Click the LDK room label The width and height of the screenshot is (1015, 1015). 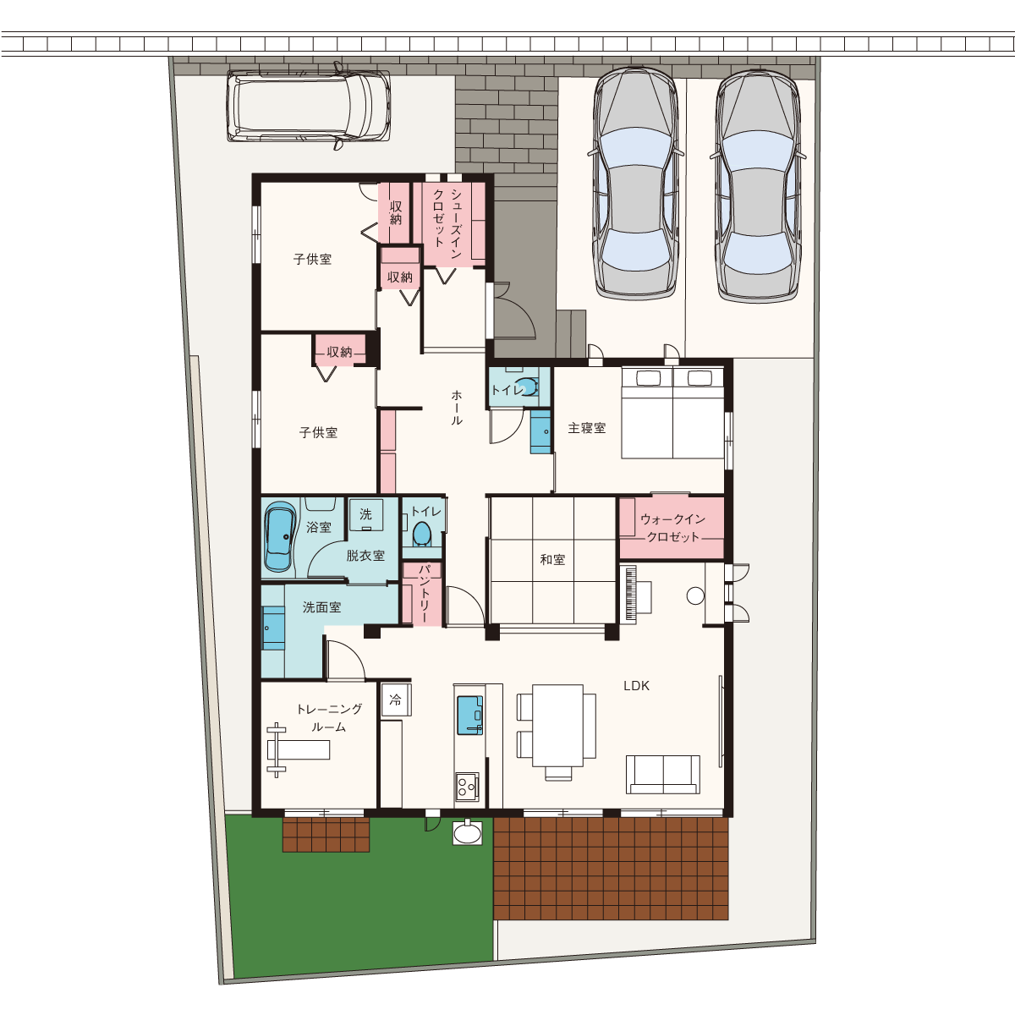(x=636, y=686)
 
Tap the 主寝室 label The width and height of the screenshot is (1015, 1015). (x=587, y=428)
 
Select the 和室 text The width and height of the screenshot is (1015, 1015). (x=552, y=559)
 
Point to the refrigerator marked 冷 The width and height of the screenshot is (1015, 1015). (x=396, y=700)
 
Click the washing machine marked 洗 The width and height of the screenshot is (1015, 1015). (x=366, y=514)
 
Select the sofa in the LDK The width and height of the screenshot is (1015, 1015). (x=663, y=774)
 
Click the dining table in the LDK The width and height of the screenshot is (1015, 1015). (x=557, y=725)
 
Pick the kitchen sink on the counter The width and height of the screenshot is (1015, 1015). (x=469, y=715)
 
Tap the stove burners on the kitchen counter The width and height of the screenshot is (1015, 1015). (x=467, y=787)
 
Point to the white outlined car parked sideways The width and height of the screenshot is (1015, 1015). (x=310, y=107)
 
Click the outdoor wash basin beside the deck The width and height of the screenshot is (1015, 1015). (x=467, y=833)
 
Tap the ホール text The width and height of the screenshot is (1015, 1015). (x=457, y=407)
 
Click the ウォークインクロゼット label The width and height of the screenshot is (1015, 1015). (x=672, y=529)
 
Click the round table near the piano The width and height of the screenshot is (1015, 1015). (x=695, y=595)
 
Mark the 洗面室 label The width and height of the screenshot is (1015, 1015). (x=321, y=607)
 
